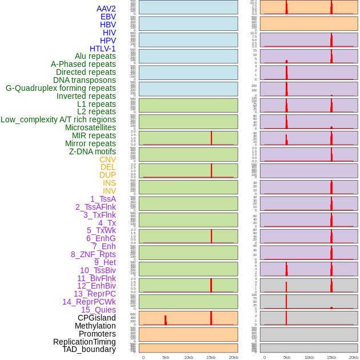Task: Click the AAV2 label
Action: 106,9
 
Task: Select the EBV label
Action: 108,17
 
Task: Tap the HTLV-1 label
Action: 102,49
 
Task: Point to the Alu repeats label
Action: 95,56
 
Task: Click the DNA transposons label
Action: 85,80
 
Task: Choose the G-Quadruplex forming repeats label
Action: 61,88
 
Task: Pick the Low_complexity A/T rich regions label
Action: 58,119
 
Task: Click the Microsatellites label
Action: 90,127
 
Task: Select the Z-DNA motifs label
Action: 92,151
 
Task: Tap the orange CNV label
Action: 107,159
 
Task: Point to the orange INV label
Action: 109,191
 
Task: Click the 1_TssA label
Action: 103,199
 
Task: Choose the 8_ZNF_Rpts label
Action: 93,254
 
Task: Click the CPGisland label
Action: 97,318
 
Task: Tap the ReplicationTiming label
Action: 84,342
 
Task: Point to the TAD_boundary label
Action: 89,349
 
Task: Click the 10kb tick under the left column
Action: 188,357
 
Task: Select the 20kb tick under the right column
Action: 354,357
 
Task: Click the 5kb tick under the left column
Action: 166,357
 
